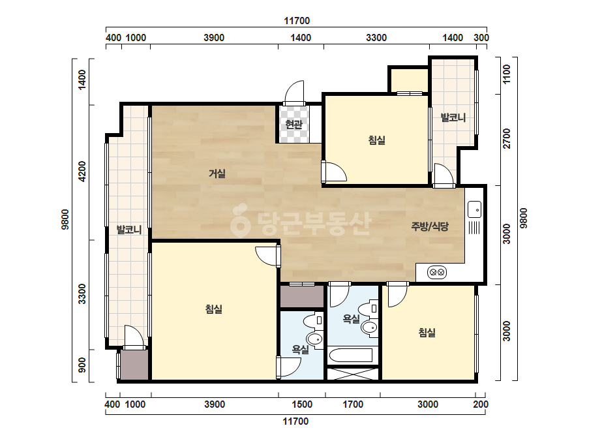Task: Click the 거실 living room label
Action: pos(217,174)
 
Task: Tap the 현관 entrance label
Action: pos(293,125)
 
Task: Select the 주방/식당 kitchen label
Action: pos(430,226)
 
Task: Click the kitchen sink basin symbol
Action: pos(475,209)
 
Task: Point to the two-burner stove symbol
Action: pos(437,272)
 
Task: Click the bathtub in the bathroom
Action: pos(350,356)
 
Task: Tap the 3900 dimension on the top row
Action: pos(214,38)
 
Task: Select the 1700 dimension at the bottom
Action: pos(353,404)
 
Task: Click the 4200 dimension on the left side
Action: pos(82,172)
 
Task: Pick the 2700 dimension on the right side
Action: pos(507,138)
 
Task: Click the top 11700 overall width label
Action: pos(297,21)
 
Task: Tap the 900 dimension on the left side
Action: pos(82,365)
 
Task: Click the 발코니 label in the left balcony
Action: pos(129,230)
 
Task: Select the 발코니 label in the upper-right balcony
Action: pos(453,117)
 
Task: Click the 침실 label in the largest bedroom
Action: pos(214,309)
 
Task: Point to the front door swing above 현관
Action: pos(294,92)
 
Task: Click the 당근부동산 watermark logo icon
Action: pos(240,220)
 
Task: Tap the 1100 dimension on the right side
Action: pos(507,74)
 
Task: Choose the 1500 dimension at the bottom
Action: pos(302,404)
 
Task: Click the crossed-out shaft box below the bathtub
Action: pos(353,374)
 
